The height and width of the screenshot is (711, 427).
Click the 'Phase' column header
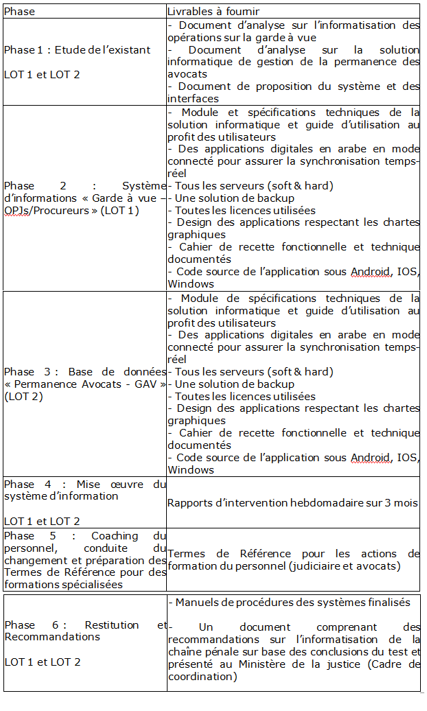19,12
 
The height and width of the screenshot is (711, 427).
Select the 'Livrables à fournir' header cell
213,12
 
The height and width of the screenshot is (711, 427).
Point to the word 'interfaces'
193,99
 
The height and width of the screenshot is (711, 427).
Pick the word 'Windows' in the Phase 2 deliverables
191,284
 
